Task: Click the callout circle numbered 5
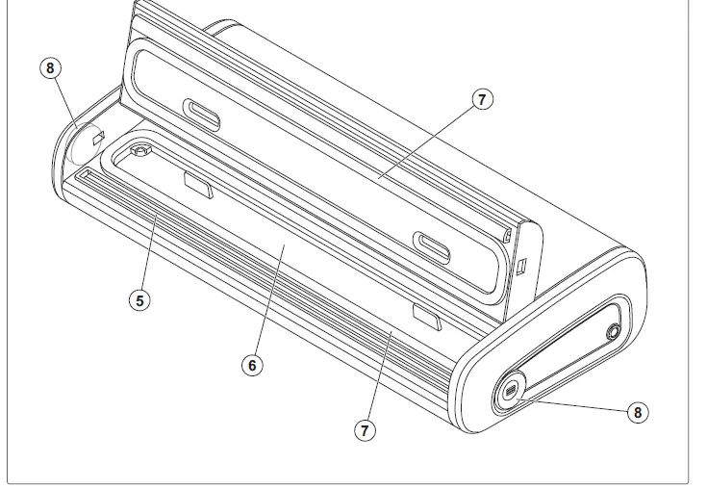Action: tap(140, 299)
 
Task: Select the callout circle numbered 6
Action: tap(252, 366)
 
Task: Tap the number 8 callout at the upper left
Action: tap(51, 69)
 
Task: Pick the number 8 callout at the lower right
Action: tap(636, 412)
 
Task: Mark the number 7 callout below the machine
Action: tap(364, 430)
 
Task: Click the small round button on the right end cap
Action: tap(613, 332)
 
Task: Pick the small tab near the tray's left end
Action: tap(197, 184)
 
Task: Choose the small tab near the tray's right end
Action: tap(424, 315)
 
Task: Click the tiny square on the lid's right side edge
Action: tap(521, 264)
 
